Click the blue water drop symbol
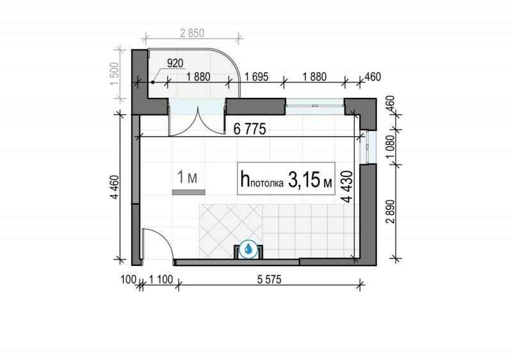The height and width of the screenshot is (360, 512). [x=248, y=249]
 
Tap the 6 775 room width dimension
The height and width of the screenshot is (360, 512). [x=250, y=129]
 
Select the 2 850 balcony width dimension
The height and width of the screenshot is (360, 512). [x=192, y=33]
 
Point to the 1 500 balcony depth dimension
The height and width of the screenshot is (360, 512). [x=116, y=74]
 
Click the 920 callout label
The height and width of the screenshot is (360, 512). [x=175, y=63]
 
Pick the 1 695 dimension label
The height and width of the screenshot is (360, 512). [x=257, y=77]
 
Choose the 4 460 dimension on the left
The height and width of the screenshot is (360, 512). [x=115, y=187]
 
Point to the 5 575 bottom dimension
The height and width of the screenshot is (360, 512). [x=269, y=279]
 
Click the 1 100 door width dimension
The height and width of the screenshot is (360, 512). [x=161, y=279]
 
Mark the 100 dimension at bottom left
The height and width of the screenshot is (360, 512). [x=129, y=279]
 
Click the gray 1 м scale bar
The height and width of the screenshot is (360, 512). [x=189, y=192]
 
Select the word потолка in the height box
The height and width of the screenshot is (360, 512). [x=267, y=184]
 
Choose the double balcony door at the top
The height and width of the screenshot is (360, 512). [x=197, y=118]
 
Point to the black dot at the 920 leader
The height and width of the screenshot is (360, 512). [x=152, y=82]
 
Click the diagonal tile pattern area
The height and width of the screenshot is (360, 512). [x=230, y=231]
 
